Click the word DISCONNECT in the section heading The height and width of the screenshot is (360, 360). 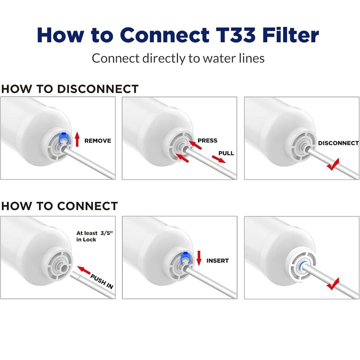click(98, 89)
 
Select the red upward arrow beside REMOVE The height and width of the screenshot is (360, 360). click(77, 139)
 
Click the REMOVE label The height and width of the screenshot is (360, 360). click(98, 140)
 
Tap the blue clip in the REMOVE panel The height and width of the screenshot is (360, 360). click(63, 139)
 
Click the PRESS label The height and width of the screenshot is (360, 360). click(207, 140)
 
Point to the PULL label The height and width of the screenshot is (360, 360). click(226, 153)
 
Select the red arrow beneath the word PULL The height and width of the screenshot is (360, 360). click(219, 159)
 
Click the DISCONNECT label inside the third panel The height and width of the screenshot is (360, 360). click(338, 143)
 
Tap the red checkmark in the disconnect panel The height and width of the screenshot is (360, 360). click(333, 164)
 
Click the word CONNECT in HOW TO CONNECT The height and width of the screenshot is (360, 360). click(87, 206)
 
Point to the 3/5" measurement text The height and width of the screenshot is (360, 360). click(107, 233)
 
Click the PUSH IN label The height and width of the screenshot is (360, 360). click(102, 282)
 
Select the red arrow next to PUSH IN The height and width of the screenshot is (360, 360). click(84, 270)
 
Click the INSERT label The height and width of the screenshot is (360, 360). click(217, 261)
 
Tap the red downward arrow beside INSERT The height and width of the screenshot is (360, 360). click(199, 258)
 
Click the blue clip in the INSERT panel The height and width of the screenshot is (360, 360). click(184, 258)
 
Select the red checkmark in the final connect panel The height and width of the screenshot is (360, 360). click(333, 284)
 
